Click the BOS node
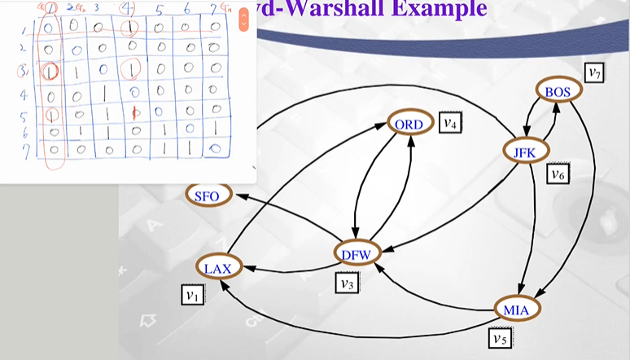(x=558, y=90)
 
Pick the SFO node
(x=208, y=195)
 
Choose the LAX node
(x=217, y=267)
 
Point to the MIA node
(x=516, y=309)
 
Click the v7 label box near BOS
(x=597, y=73)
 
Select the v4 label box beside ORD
(x=450, y=122)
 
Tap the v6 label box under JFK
(x=557, y=173)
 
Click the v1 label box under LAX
(x=191, y=295)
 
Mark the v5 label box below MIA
(x=499, y=336)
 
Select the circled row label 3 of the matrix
(x=25, y=70)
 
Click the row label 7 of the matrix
(x=25, y=150)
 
